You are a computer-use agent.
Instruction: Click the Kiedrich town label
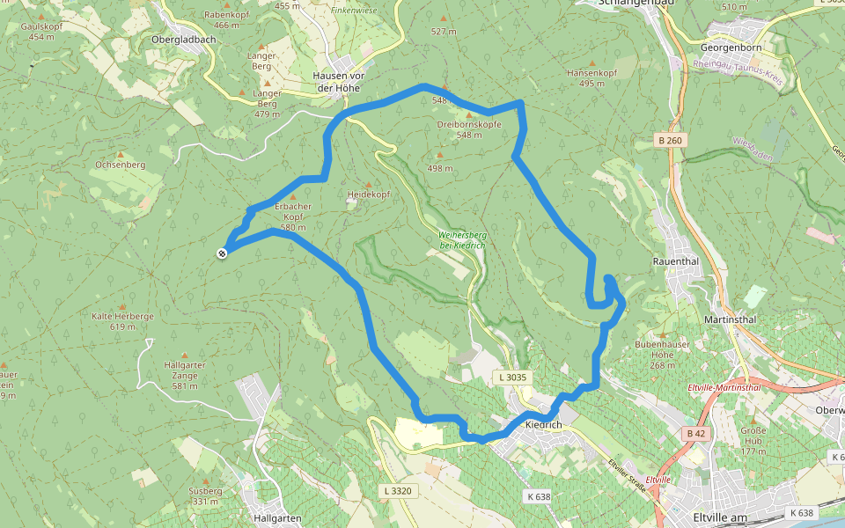pyautogui.click(x=542, y=425)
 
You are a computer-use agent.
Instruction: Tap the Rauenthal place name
pyautogui.click(x=675, y=261)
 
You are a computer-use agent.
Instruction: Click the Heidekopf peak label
pyautogui.click(x=368, y=193)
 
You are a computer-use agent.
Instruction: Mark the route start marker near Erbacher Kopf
pyautogui.click(x=222, y=253)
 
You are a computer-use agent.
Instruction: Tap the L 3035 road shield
pyautogui.click(x=511, y=378)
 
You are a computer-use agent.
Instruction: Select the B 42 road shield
pyautogui.click(x=695, y=433)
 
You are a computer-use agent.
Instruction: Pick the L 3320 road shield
pyautogui.click(x=397, y=490)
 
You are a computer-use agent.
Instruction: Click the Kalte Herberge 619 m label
pyautogui.click(x=122, y=321)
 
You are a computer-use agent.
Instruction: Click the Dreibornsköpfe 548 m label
pyautogui.click(x=469, y=129)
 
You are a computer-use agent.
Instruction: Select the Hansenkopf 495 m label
pyautogui.click(x=586, y=78)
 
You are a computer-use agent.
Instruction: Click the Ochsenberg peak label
pyautogui.click(x=120, y=165)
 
